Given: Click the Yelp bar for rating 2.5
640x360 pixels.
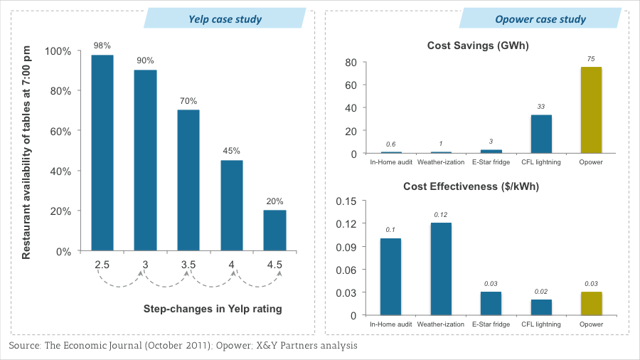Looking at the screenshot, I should tap(102, 153).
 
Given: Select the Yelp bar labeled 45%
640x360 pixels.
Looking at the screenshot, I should tap(232, 206).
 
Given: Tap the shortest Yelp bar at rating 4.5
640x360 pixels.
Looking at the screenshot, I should tap(274, 231).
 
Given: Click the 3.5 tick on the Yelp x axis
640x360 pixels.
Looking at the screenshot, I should tap(188, 265).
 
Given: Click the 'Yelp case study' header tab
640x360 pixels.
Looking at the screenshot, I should tap(225, 19).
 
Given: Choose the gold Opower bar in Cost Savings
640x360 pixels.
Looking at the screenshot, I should tap(591, 110).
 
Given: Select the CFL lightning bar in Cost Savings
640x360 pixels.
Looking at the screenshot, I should tap(541, 134).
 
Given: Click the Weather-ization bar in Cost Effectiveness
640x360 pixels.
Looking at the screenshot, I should tap(441, 269).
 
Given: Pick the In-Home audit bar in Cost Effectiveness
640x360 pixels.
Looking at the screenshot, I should tap(391, 277).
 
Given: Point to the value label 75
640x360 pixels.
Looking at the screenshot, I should tap(591, 59).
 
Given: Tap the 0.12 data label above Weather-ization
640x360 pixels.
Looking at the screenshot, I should tap(441, 215).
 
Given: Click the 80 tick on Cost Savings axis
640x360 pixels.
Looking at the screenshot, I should tap(350, 62).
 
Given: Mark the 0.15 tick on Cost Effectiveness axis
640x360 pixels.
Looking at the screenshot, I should tap(346, 201).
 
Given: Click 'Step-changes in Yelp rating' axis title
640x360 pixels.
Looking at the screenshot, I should tap(213, 309).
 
